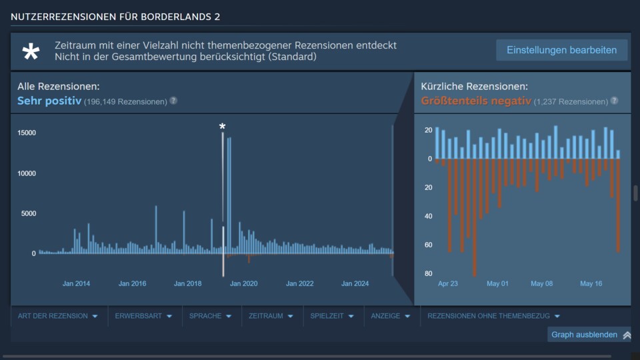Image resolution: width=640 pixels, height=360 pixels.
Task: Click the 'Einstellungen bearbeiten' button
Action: (561, 50)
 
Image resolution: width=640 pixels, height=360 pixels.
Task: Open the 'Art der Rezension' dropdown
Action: (58, 316)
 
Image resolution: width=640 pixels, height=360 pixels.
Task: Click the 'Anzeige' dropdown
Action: (391, 316)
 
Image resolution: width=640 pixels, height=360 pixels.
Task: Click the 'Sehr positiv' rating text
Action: (49, 101)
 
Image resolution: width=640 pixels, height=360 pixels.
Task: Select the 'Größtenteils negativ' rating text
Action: (476, 101)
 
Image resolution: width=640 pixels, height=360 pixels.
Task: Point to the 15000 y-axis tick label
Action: (27, 133)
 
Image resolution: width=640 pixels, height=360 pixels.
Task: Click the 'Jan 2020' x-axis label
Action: (244, 283)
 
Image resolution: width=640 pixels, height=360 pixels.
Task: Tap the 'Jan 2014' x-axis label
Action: (77, 283)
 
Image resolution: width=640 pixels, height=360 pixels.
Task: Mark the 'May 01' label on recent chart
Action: (497, 283)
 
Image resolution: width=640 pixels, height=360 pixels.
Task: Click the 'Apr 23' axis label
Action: (448, 283)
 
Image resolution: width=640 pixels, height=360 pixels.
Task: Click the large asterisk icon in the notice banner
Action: (31, 52)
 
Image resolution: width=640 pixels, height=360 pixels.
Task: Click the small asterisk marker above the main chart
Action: (223, 127)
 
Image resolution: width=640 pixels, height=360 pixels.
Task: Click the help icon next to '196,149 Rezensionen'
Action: (173, 101)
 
